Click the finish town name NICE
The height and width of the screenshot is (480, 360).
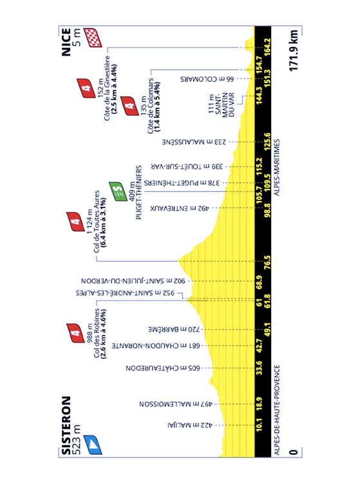(x=66, y=43)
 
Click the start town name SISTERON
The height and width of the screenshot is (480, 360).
(x=66, y=425)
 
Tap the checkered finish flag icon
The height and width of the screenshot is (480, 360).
(x=93, y=37)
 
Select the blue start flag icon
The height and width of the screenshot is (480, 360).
(x=93, y=445)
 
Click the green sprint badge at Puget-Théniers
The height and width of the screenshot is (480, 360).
(x=118, y=191)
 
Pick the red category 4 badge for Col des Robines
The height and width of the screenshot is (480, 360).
(x=75, y=333)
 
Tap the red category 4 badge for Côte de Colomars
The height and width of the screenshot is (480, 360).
(x=129, y=106)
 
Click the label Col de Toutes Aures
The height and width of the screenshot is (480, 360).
(x=97, y=222)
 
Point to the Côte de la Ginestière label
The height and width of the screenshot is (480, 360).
(x=107, y=88)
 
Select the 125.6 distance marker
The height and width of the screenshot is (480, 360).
(x=267, y=142)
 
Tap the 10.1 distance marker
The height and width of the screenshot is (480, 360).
(x=259, y=425)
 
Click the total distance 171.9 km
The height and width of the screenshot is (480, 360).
(x=293, y=50)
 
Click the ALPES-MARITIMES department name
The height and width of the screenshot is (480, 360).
(x=277, y=168)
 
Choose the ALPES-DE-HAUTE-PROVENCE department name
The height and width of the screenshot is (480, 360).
(x=277, y=410)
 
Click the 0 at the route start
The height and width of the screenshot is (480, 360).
(x=294, y=452)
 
